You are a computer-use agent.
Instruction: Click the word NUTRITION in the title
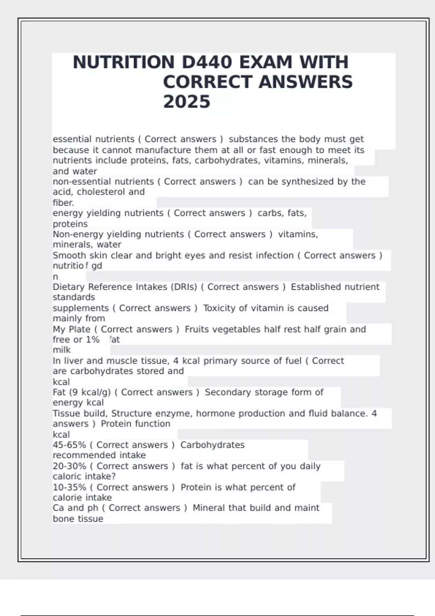click(124, 62)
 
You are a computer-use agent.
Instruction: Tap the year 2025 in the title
click(186, 102)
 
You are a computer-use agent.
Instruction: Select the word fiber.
click(63, 203)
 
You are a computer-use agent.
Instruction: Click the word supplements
click(80, 308)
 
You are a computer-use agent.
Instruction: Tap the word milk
click(62, 350)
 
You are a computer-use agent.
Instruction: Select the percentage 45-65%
click(69, 445)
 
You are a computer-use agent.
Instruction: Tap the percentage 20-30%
click(69, 466)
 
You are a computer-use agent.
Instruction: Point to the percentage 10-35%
click(69, 487)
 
